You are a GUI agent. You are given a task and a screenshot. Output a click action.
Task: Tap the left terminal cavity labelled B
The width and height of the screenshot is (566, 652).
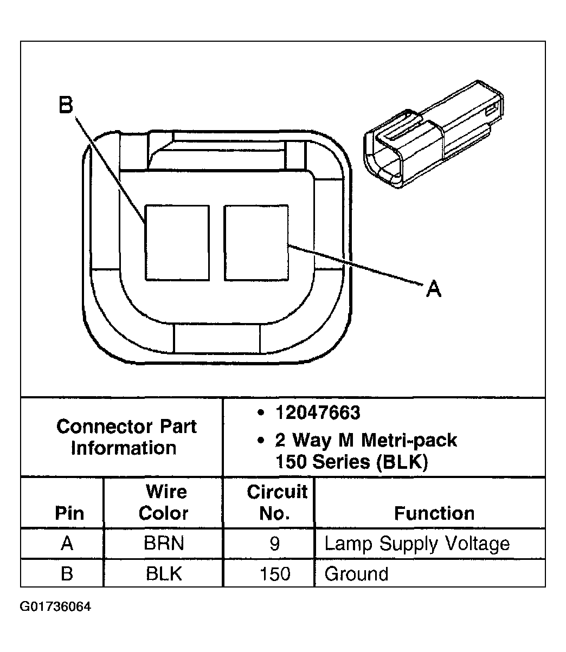(177, 243)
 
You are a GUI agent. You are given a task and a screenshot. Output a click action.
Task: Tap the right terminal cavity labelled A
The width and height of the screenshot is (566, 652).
(256, 243)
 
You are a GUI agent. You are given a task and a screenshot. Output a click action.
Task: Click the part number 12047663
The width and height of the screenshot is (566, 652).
(317, 413)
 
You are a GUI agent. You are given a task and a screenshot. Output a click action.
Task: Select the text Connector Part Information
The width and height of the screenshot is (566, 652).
(126, 437)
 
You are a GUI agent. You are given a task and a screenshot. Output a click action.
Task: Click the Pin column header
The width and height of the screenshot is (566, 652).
(69, 513)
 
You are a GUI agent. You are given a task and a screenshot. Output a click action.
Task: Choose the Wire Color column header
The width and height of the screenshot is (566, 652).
(163, 502)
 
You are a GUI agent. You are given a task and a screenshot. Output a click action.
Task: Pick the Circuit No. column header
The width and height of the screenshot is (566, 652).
(276, 502)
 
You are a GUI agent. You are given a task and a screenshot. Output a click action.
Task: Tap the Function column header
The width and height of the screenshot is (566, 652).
(434, 513)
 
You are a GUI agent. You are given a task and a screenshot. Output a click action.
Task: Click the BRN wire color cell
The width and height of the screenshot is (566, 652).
(163, 544)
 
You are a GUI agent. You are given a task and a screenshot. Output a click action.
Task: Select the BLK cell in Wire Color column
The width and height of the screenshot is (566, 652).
(163, 573)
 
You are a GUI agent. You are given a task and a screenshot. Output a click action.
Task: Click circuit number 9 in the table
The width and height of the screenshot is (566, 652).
(274, 544)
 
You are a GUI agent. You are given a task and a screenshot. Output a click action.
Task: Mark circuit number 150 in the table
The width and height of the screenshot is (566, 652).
(275, 573)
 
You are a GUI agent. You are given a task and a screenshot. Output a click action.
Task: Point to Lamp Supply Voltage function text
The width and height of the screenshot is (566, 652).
(417, 544)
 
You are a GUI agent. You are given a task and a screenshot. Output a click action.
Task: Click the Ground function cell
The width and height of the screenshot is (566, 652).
(356, 573)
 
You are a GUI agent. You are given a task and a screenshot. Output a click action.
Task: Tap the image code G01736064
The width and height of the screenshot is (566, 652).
(55, 606)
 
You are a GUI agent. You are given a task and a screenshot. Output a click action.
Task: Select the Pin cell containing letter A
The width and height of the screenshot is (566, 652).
(67, 544)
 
